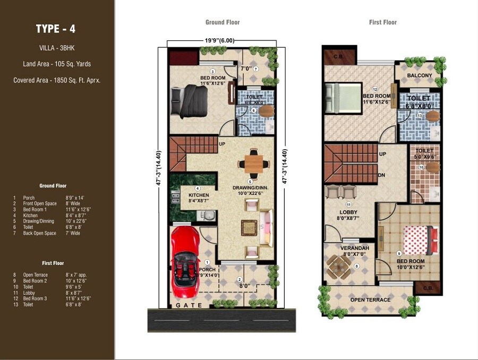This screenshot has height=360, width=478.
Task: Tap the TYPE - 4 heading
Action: pos(55,29)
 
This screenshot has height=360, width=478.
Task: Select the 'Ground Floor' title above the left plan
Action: pos(223,22)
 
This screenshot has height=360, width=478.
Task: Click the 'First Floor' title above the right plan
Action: pos(383,22)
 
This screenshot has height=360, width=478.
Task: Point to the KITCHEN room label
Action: pos(199,195)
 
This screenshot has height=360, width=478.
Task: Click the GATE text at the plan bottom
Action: pos(189,305)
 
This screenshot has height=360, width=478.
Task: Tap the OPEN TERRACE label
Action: pos(370,300)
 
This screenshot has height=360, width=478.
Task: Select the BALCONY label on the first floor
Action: pos(420,76)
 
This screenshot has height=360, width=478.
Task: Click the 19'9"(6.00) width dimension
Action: pos(220,40)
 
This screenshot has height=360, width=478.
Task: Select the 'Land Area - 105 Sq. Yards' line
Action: pos(57,64)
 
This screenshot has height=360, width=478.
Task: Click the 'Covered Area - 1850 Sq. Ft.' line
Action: pos(57,80)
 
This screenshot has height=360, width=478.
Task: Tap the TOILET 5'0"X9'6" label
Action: pos(424,154)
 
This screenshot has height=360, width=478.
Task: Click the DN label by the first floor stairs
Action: pos(382,175)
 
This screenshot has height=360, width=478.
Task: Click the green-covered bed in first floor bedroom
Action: pos(344,97)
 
